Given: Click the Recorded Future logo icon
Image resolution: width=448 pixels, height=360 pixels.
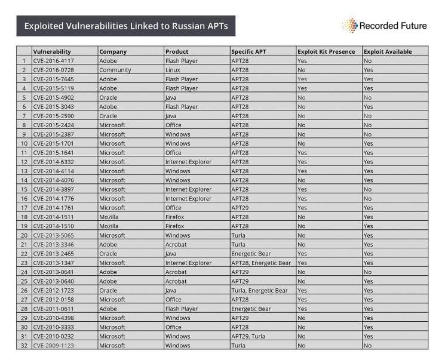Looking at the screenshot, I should pyautogui.click(x=349, y=25).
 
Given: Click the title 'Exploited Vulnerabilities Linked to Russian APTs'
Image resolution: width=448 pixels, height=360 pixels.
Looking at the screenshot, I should pyautogui.click(x=125, y=26).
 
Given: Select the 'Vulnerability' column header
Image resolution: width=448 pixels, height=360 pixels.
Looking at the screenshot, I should pyautogui.click(x=52, y=51).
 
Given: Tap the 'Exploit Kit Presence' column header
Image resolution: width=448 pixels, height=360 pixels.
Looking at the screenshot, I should pyautogui.click(x=326, y=51).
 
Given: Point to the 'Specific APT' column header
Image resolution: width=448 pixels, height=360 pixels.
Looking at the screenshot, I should pyautogui.click(x=248, y=51).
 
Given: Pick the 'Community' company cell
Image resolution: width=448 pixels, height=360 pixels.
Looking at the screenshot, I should pyautogui.click(x=115, y=70).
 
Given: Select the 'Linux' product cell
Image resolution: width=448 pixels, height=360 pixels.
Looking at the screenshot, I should pyautogui.click(x=173, y=70).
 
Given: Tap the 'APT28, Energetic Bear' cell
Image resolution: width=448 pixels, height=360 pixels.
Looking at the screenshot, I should pyautogui.click(x=260, y=263).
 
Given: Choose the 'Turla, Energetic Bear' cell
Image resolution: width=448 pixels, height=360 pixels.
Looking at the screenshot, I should pyautogui.click(x=259, y=290).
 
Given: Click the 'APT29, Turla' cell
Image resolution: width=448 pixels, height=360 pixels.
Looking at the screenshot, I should pyautogui.click(x=248, y=336).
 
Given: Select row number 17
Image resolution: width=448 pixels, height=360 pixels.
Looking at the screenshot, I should pyautogui.click(x=24, y=208).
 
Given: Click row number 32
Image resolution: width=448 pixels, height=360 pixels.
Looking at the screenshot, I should pyautogui.click(x=24, y=345).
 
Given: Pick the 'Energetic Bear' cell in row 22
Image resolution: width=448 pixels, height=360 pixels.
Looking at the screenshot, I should pyautogui.click(x=251, y=254).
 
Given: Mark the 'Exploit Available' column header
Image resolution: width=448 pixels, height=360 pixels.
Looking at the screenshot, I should pyautogui.click(x=388, y=51).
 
